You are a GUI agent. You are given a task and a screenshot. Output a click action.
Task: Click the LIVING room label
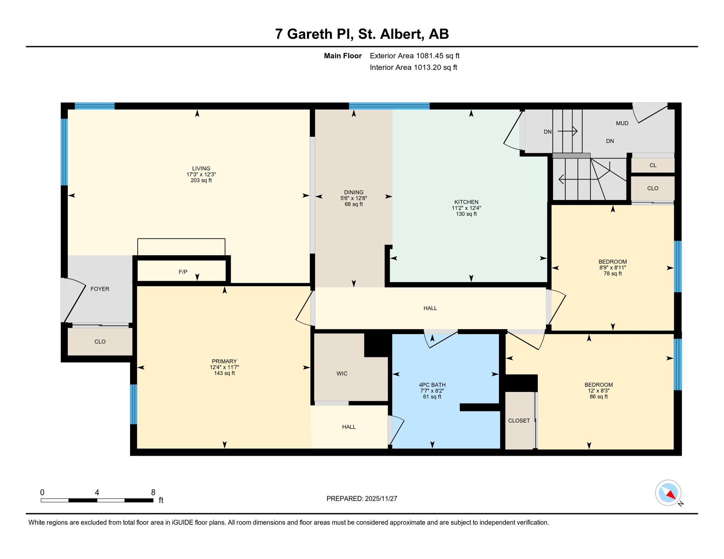(x=201, y=169)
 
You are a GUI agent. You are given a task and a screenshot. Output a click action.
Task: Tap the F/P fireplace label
(x=183, y=272)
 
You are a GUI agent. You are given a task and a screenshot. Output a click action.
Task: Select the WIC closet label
(x=342, y=373)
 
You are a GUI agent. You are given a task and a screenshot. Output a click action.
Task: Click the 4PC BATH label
(x=432, y=385)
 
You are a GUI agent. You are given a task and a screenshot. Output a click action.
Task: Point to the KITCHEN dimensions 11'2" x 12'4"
(x=466, y=208)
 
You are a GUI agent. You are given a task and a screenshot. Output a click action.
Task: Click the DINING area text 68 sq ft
(x=354, y=205)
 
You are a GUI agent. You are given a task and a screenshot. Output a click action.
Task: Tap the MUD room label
(x=622, y=123)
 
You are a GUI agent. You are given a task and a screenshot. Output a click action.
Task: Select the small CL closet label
(x=653, y=165)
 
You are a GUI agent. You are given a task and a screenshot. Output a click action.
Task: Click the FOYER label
(x=100, y=289)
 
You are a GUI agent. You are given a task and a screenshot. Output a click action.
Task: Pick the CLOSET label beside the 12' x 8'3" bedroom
(x=519, y=421)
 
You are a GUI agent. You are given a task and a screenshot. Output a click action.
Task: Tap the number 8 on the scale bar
(x=153, y=492)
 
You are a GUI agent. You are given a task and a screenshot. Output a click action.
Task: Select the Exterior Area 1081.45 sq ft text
(x=414, y=56)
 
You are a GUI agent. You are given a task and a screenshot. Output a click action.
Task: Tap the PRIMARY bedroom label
(x=224, y=361)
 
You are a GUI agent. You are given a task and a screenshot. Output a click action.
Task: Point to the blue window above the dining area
(x=389, y=106)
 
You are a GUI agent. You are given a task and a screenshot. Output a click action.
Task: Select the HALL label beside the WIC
(x=349, y=427)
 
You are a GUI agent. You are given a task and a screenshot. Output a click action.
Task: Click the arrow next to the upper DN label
(x=567, y=131)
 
